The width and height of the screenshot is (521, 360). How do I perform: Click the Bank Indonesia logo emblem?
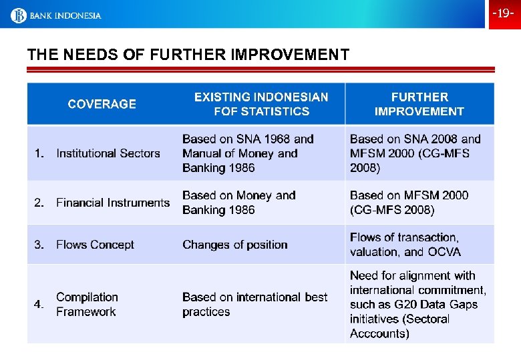18,15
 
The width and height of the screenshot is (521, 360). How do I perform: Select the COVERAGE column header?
102,104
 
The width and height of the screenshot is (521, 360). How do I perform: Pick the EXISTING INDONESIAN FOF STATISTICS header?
261,104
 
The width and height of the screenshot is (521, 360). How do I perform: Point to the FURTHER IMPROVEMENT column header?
419,104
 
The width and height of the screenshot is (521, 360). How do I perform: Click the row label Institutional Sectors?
108,153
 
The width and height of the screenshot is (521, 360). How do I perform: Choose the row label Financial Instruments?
113,203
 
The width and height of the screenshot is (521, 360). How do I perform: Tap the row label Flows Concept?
95,245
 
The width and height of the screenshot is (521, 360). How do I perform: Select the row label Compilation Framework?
87,304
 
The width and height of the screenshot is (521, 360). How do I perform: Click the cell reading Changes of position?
234,245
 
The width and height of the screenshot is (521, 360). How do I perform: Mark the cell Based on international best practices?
254,304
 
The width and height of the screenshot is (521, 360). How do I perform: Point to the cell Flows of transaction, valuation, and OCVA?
405,245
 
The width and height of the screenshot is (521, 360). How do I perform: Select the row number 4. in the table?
39,305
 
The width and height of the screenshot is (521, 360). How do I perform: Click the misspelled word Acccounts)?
379,333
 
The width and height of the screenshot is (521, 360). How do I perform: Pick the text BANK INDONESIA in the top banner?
65,15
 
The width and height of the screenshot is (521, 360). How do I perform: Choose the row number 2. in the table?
39,203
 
